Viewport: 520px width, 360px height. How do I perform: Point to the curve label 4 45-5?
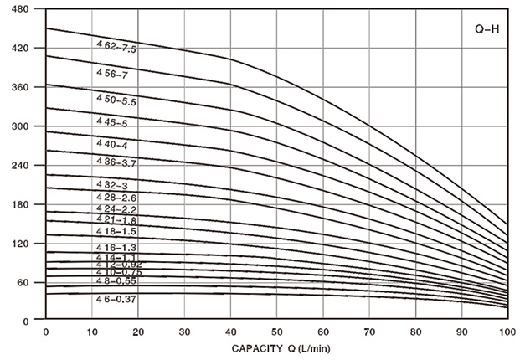[x=111, y=122]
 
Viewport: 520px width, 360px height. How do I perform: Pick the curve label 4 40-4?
[x=111, y=144]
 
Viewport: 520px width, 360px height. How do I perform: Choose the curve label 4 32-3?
[x=111, y=184]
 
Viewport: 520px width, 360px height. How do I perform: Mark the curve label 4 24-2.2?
[x=116, y=208]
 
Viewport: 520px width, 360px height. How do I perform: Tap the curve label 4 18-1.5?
[x=116, y=230]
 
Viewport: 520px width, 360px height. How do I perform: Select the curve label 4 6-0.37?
[x=116, y=299]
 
